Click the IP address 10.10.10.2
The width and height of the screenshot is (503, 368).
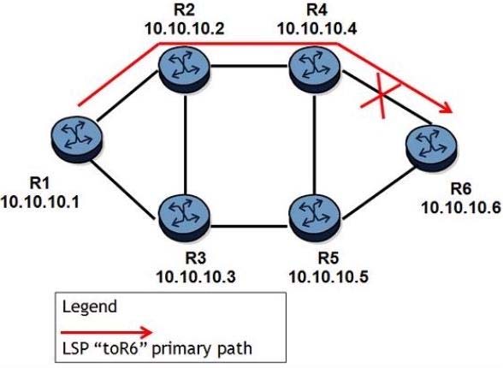[185, 29]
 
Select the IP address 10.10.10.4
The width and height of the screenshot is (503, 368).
[317, 29]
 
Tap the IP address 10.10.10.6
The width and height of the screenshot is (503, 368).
[461, 208]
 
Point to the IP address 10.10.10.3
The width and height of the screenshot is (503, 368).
[196, 276]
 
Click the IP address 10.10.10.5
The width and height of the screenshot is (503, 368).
[328, 276]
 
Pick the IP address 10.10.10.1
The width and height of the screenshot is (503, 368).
[39, 203]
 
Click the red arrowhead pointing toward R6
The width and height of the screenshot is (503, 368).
[445, 108]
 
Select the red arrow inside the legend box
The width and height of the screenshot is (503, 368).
[107, 332]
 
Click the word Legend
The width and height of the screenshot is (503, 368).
[90, 306]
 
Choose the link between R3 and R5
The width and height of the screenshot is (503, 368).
[250, 228]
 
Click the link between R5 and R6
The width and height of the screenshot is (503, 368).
[378, 193]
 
